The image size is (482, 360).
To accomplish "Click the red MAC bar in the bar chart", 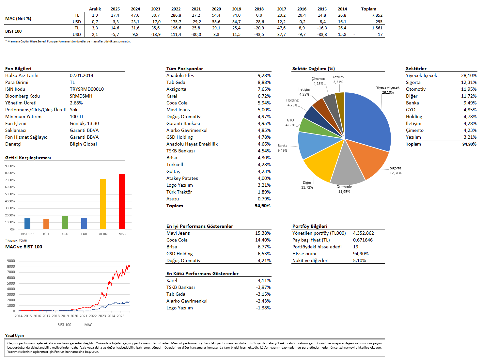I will tap(122, 202).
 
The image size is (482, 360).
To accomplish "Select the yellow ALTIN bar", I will tap(103, 204).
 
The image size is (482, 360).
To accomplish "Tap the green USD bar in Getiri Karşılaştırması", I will tap(65, 223).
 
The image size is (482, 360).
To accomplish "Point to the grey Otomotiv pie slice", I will tap(347, 166).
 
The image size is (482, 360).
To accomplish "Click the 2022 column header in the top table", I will tap(176, 9).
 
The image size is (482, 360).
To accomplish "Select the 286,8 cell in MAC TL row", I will tap(176, 15).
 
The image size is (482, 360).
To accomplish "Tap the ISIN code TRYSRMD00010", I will tap(87, 89).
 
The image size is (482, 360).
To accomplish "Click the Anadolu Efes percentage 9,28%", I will tap(264, 75).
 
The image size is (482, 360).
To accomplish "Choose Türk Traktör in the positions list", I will tap(179, 192).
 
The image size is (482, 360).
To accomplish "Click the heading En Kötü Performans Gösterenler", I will tap(202, 274).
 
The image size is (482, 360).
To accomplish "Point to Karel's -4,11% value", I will tap(263, 280).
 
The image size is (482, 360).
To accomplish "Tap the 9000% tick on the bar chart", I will tap(10, 166).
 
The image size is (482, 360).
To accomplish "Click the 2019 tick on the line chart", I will tap(65, 316).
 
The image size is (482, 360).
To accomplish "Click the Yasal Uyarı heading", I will tap(15, 336).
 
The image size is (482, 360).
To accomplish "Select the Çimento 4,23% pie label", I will tap(318, 81).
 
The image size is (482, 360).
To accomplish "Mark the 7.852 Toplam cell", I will tap(377, 15).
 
